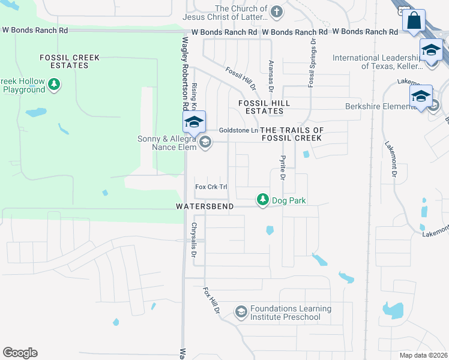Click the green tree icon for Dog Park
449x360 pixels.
262,199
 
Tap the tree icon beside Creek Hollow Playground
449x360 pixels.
55,84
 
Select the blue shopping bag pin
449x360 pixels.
414,22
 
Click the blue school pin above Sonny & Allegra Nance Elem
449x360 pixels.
194,122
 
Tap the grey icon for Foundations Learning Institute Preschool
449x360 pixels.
241,311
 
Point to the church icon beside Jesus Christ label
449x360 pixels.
276,11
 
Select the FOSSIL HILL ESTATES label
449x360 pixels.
264,107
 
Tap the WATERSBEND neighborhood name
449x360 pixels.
203,206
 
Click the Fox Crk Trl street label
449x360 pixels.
211,187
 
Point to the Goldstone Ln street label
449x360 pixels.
238,130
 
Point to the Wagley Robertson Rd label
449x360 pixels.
185,73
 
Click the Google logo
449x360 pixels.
20,353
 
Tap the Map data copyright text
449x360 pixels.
423,355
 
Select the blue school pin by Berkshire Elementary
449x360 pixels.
421,97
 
